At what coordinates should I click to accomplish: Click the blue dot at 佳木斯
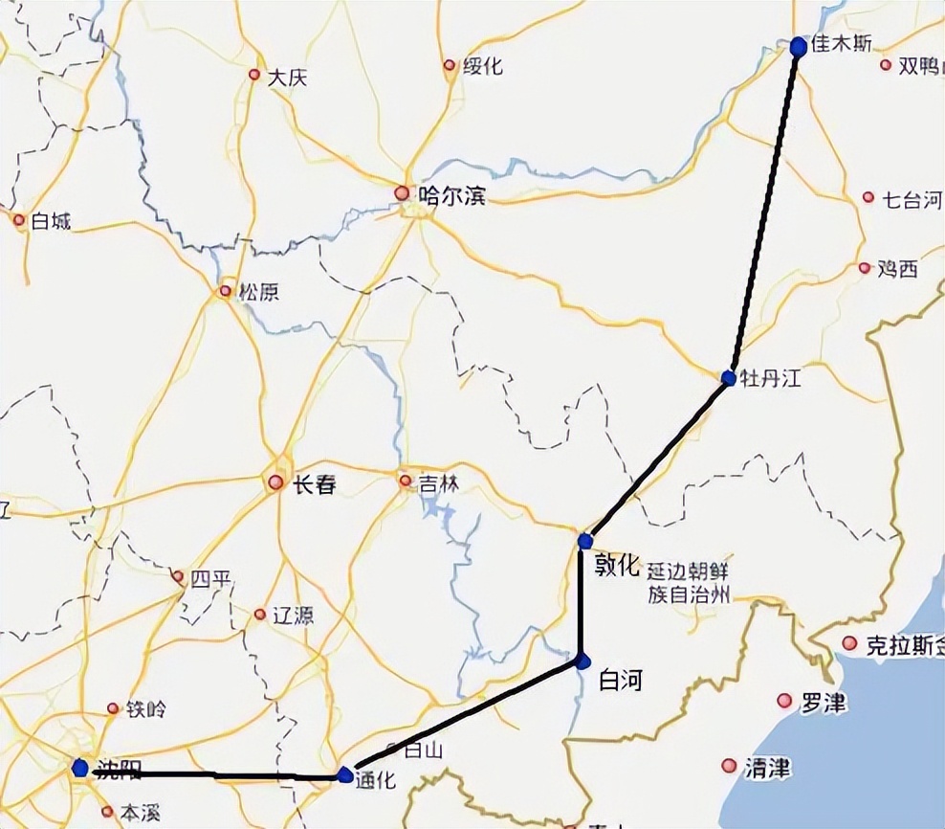pos(799,46)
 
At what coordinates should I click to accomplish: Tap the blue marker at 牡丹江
pos(729,378)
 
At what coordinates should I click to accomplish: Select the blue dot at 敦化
pos(585,542)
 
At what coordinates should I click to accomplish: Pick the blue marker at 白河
pos(582,661)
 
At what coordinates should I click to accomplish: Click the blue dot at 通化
pos(345,774)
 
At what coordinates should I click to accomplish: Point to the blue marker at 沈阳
pos(80,768)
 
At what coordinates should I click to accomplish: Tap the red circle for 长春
pos(276,483)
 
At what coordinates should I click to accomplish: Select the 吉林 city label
pos(439,484)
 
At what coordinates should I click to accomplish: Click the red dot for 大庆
pos(254,75)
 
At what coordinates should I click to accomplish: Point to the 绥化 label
pos(483,67)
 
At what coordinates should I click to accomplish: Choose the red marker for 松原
pos(226,291)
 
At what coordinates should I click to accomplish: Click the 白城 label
pos(52,221)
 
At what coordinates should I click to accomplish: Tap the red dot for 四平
pos(178,577)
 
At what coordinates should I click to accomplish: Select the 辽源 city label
pos(293,616)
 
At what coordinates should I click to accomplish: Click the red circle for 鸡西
pos(865,269)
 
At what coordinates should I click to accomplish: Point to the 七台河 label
pos(912,200)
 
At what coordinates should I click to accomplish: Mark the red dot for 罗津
pos(784,701)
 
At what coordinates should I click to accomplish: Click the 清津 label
pos(768,767)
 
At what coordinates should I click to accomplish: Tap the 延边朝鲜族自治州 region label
pos(689,582)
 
